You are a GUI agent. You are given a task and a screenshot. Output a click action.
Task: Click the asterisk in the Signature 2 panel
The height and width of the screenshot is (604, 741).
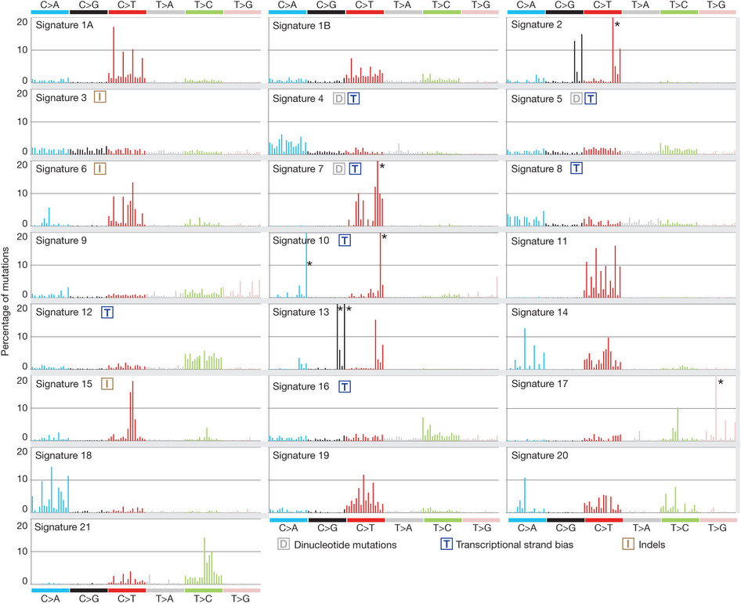617,26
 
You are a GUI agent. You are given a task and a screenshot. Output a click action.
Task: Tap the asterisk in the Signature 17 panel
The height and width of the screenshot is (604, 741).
720,382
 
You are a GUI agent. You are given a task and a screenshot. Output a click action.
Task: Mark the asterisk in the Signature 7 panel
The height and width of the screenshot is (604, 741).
382,167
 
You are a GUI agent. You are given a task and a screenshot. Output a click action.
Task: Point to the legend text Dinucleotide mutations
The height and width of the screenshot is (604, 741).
342,544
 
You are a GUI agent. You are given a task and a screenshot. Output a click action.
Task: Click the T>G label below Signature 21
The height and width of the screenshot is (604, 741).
241,599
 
